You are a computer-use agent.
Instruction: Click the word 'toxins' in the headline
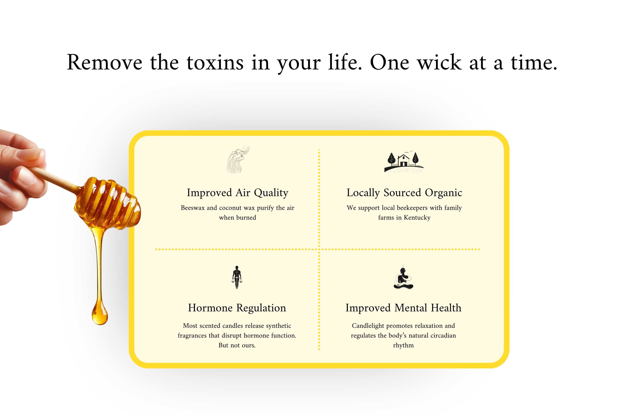click(x=215, y=63)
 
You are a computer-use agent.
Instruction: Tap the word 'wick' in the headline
click(x=439, y=63)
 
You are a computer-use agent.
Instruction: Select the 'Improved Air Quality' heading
click(x=238, y=193)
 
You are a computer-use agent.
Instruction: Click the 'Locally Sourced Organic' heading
click(x=404, y=193)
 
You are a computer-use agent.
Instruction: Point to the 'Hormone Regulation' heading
click(x=237, y=308)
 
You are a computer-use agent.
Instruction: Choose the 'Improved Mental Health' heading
click(x=403, y=308)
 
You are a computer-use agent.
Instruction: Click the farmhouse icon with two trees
click(x=404, y=162)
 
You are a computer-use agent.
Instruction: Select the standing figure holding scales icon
click(x=237, y=277)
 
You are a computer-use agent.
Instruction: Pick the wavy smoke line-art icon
click(x=238, y=159)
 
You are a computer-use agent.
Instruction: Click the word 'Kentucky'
click(x=417, y=218)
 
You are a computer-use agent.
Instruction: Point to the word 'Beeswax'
click(x=193, y=208)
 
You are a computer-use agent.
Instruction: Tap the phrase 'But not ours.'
click(x=237, y=345)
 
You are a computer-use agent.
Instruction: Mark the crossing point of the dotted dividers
click(x=319, y=249)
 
